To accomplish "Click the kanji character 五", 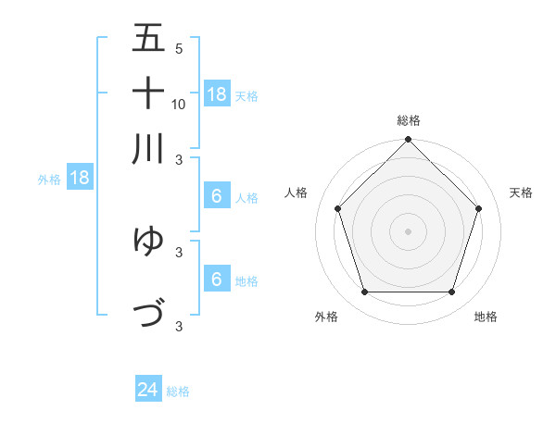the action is point(148,38).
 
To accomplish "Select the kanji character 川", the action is point(148,148).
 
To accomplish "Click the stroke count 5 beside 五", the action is point(179,49).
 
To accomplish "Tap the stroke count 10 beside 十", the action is point(179,104).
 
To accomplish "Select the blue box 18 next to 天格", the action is point(217,94).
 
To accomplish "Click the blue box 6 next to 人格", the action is point(217,196).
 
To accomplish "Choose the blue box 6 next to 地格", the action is point(217,280).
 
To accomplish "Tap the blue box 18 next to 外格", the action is point(80,179).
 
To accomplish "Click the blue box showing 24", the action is point(148,391).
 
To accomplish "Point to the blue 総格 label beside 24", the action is point(178,391).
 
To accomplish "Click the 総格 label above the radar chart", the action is point(409,120).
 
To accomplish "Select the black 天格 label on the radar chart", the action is point(521,193).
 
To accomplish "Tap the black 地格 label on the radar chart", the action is point(486,317).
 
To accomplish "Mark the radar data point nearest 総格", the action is point(408,141).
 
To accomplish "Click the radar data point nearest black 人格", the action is point(338,208).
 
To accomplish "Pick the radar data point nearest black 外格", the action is point(364,292).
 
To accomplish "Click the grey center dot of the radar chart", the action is point(408,230).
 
